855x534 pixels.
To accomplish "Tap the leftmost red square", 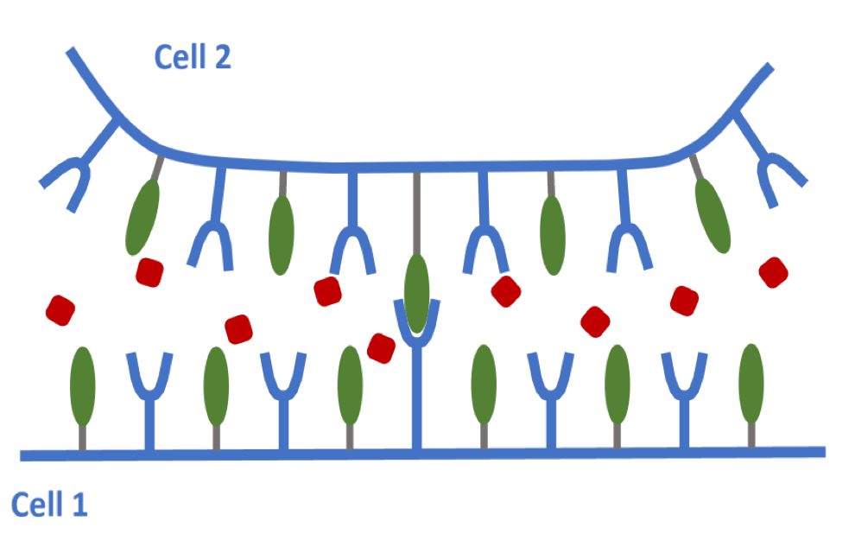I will [x=60, y=310].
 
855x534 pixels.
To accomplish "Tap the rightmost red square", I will [x=774, y=272].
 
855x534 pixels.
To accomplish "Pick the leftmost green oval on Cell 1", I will [x=82, y=385].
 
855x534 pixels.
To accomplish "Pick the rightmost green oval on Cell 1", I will [x=751, y=384].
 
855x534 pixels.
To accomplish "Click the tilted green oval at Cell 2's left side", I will [x=142, y=216].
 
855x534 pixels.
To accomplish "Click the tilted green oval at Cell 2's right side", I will [x=712, y=214].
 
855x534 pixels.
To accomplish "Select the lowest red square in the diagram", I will [x=381, y=347].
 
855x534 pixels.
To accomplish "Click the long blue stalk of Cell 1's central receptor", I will [x=417, y=397].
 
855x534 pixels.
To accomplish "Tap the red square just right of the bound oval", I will [x=506, y=290].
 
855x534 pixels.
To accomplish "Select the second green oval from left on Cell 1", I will [x=216, y=385].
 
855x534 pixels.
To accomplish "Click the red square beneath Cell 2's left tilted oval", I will [x=149, y=272].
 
